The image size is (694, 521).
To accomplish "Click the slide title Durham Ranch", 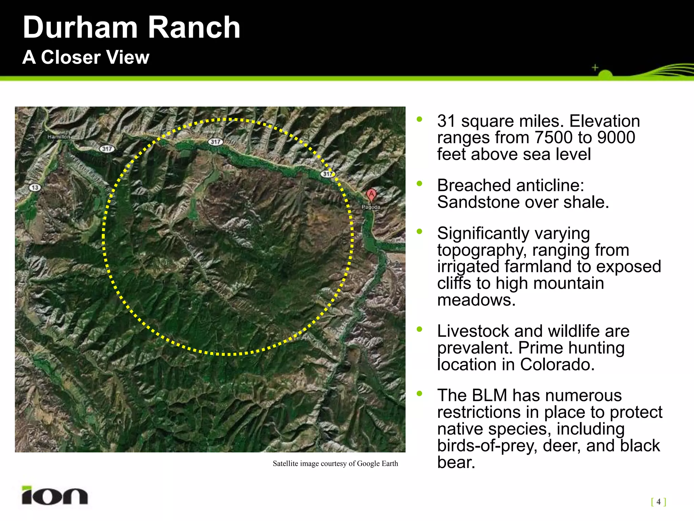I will coord(131,28).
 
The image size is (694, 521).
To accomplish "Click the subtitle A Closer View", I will coord(86,57).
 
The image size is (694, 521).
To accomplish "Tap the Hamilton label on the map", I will coord(59,137).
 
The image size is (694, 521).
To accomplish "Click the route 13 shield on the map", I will coord(35,188).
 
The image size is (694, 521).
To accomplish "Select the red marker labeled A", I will coord(371,195).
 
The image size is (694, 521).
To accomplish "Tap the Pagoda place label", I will coord(371,207).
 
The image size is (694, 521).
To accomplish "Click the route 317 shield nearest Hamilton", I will coord(107,149).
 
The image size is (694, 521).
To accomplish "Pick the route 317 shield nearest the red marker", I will coord(328,174).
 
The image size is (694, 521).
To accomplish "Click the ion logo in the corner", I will coord(55,496).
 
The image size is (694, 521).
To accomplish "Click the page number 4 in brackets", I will coord(658,501).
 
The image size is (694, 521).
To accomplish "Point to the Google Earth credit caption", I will coord(335,464).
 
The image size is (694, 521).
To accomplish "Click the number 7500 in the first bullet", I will coord(553,138).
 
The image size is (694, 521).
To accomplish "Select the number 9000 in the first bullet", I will coord(616,138).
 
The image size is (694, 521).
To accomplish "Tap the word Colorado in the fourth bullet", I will coord(557,365).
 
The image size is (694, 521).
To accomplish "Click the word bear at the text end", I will coord(456,462).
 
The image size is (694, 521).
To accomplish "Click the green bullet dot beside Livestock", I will coord(420,329).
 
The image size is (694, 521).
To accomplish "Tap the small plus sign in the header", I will coord(595,67).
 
